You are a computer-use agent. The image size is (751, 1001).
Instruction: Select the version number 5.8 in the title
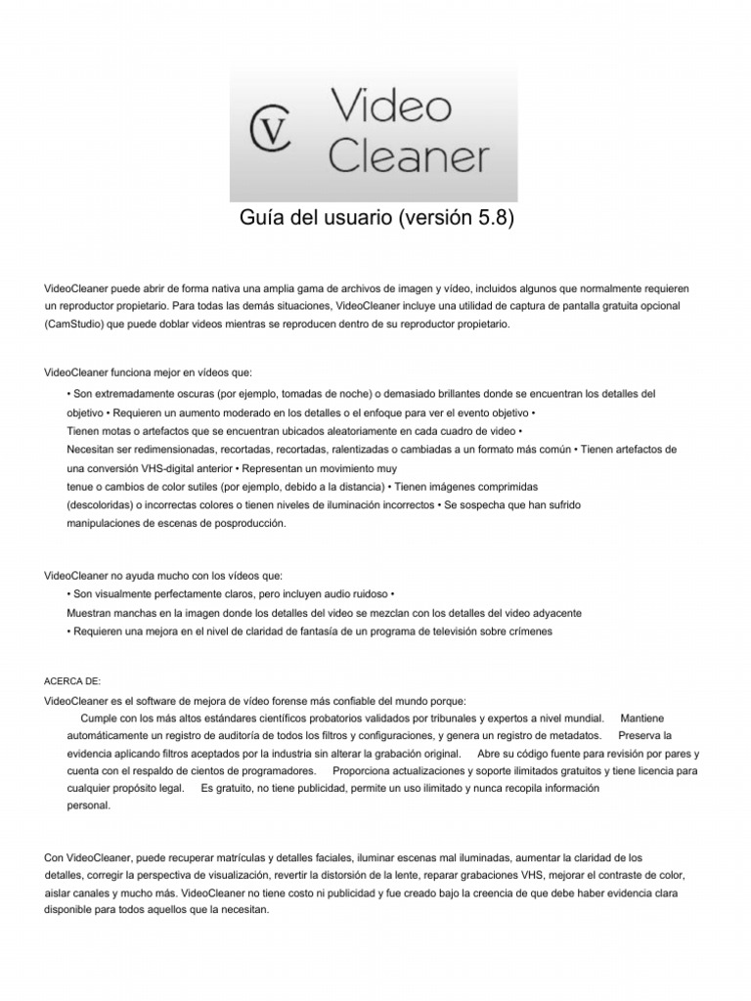tap(485, 217)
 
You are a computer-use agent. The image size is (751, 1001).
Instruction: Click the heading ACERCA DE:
tap(73, 680)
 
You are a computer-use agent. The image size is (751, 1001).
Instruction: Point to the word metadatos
tap(575, 735)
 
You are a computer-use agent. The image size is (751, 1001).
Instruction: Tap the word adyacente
tap(554, 613)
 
